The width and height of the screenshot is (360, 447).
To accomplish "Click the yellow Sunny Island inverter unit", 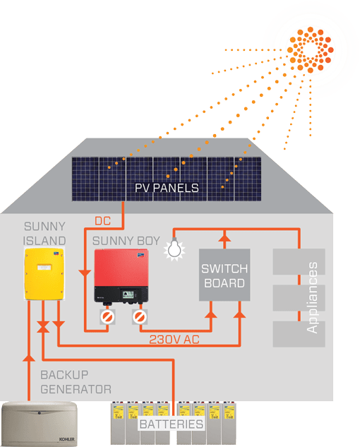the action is [x=44, y=274].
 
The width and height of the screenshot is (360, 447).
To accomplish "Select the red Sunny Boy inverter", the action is [x=121, y=276].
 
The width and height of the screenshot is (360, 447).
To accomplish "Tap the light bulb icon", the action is [x=174, y=249].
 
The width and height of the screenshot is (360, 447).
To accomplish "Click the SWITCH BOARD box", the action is [x=224, y=275].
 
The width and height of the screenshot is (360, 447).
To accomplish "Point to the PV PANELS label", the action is [x=167, y=188].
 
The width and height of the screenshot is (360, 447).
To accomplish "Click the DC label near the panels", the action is [x=102, y=221].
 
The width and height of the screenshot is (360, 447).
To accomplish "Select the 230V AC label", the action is [x=174, y=340].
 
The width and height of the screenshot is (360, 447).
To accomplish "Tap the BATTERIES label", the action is [x=172, y=424].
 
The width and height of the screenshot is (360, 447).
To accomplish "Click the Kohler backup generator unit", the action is [x=40, y=423].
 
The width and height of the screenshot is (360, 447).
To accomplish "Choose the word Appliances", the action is [x=312, y=297].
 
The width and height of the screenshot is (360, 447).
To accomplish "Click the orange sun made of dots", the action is [x=310, y=49].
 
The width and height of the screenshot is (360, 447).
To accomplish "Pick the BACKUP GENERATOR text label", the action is [x=76, y=382].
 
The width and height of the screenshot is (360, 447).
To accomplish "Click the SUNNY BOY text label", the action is [x=126, y=241].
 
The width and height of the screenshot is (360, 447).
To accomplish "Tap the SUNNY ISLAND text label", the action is [x=44, y=234].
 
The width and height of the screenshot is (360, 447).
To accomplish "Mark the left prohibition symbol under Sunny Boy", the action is [x=107, y=317].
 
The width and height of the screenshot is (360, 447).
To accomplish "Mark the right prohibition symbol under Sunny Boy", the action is [x=140, y=317].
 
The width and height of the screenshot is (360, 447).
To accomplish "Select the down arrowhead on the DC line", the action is [x=85, y=273].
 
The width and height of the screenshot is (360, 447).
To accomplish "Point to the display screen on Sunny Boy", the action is [x=128, y=294].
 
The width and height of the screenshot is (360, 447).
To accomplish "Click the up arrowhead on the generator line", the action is [x=29, y=358].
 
